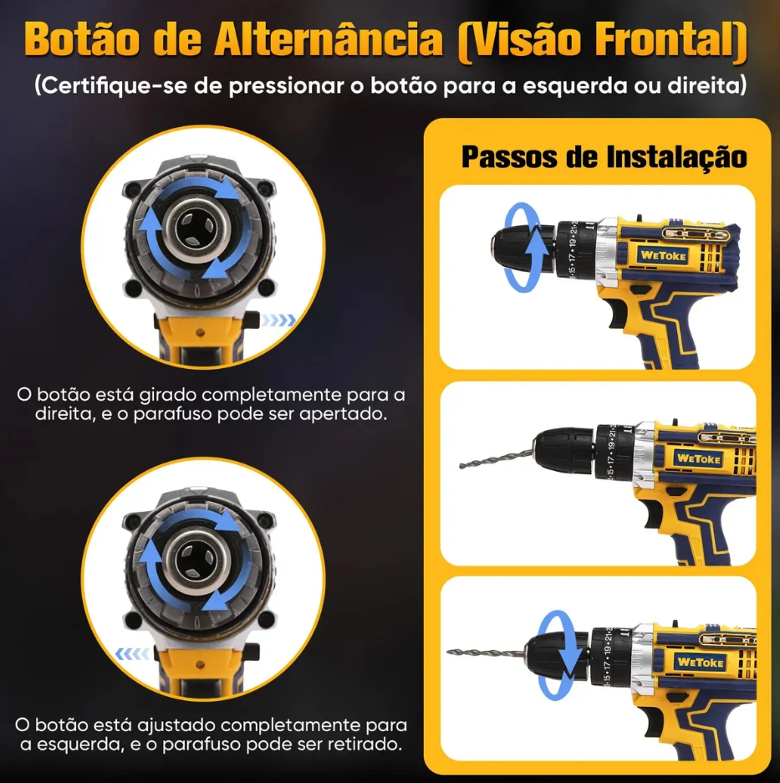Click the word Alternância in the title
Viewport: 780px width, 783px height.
[x=329, y=39]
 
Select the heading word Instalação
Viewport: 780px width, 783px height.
[x=676, y=157]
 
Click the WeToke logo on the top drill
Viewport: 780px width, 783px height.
[x=663, y=256]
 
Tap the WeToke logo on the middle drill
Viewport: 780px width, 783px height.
[x=699, y=458]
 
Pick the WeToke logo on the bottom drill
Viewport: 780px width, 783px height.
[x=700, y=663]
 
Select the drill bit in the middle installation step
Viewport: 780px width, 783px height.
[x=496, y=459]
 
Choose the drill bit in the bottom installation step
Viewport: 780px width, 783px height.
[x=485, y=652]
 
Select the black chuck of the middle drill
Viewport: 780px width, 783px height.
[x=565, y=450]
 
